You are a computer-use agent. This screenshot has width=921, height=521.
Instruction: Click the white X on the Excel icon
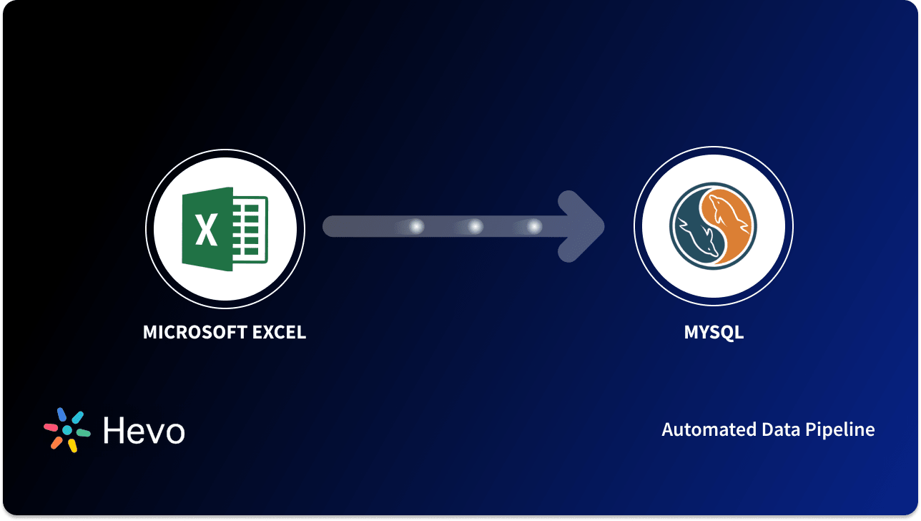pos(206,230)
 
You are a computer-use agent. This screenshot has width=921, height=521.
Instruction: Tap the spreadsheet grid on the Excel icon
pos(250,229)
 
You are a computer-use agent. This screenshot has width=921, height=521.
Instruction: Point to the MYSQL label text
pos(713,333)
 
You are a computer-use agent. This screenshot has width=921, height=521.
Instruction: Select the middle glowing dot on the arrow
pos(475,227)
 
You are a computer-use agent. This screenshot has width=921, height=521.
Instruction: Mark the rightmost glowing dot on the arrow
pos(534,227)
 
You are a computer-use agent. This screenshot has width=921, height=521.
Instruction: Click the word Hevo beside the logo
pos(144,431)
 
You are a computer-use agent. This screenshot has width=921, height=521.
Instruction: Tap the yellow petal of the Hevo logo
pos(72,446)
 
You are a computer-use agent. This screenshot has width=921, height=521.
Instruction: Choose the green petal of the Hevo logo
pos(84,433)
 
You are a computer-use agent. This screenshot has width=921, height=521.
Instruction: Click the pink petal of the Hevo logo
pos(51,427)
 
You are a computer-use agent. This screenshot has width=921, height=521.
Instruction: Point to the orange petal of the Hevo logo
pos(56,443)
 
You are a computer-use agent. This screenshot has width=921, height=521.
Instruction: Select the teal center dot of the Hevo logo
pos(67,430)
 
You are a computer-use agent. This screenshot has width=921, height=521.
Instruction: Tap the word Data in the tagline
pos(760,429)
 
